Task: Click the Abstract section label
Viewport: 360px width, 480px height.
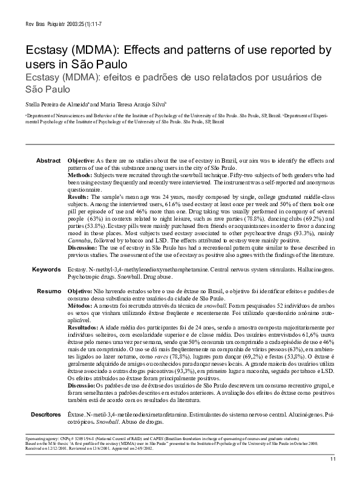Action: point(48,160)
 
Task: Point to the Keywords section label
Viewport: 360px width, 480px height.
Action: point(47,268)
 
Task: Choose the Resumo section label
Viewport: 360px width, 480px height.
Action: point(48,291)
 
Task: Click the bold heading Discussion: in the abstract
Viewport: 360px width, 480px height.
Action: point(82,248)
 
